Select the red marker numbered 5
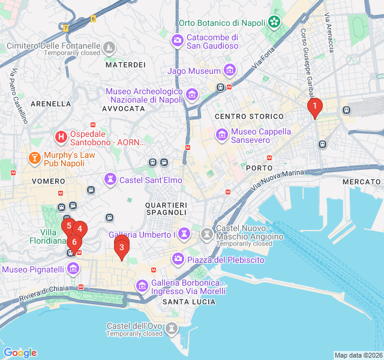[69, 227]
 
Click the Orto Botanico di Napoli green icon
[274, 23]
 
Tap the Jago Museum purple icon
[229, 71]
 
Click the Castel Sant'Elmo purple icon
[110, 179]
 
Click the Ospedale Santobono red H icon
[61, 137]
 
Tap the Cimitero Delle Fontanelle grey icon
[109, 47]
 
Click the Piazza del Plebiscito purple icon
[178, 259]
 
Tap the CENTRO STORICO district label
[249, 116]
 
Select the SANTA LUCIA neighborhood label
[189, 301]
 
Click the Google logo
[20, 353]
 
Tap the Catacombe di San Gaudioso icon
[178, 41]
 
